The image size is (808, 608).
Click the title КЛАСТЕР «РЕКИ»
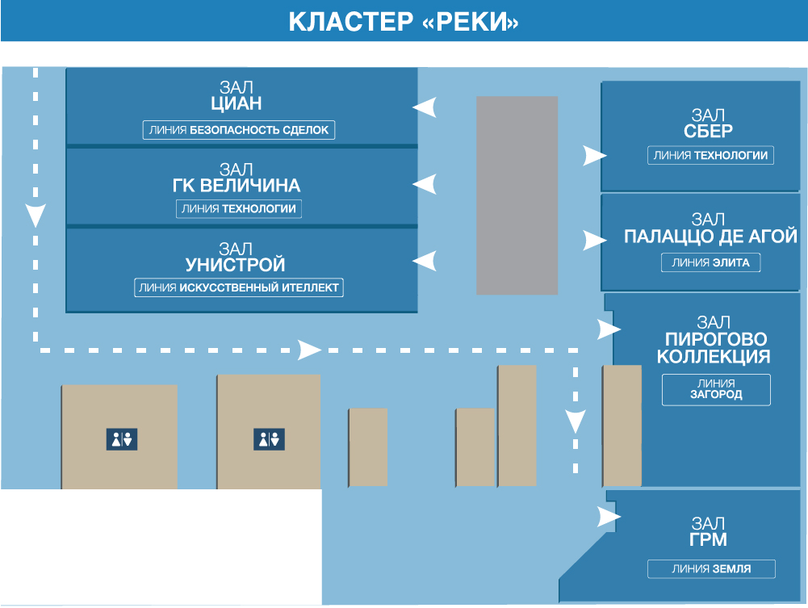click(403, 22)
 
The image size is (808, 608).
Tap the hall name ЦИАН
click(236, 103)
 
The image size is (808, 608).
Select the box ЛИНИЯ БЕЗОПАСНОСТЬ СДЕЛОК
click(239, 130)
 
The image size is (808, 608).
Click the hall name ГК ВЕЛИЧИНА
click(236, 186)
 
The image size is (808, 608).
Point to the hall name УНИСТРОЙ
click(235, 265)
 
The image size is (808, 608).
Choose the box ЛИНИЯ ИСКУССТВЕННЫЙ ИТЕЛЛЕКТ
click(239, 287)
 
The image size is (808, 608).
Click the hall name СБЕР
click(708, 132)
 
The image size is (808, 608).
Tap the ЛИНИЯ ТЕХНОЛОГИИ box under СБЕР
click(710, 155)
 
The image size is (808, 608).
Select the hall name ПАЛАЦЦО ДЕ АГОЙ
click(710, 237)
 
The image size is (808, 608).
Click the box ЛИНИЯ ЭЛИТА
click(710, 262)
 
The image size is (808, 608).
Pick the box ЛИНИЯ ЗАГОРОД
click(716, 389)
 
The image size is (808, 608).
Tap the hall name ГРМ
click(708, 539)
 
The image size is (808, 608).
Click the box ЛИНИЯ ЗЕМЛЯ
click(711, 569)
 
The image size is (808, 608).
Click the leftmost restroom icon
click(122, 439)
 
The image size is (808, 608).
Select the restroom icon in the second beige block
click(269, 439)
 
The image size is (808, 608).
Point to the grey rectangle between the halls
click(517, 195)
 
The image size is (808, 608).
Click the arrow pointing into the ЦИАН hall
click(425, 107)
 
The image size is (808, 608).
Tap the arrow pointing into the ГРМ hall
click(609, 516)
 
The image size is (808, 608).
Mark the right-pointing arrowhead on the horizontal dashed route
click(310, 350)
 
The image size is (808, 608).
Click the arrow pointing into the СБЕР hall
click(595, 155)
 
